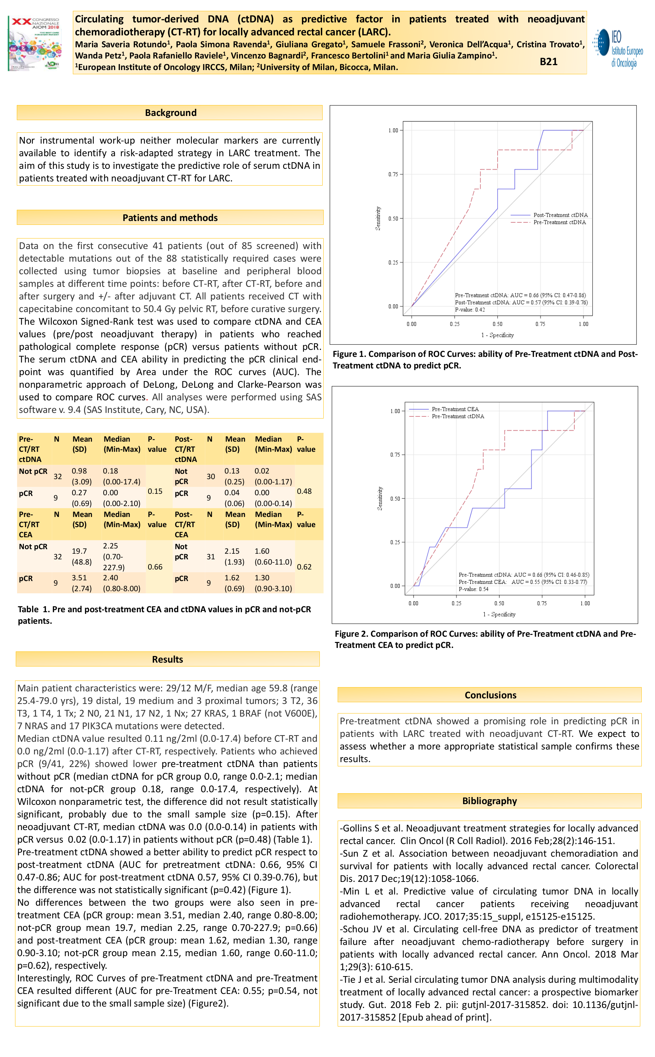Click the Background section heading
(170, 112)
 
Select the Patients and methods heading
(170, 218)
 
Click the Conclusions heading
(490, 695)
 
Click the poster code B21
(548, 62)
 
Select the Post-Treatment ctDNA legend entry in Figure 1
(560, 215)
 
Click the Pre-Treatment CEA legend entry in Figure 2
(455, 409)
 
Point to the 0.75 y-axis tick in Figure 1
(393, 174)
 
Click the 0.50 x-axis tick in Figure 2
(499, 603)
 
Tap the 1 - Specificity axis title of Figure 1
(497, 335)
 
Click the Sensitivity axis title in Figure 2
(380, 498)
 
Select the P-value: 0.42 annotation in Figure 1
(470, 310)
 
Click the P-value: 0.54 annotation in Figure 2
(474, 589)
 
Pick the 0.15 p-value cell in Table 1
(155, 491)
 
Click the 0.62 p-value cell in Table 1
(304, 566)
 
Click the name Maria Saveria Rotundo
(121, 44)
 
